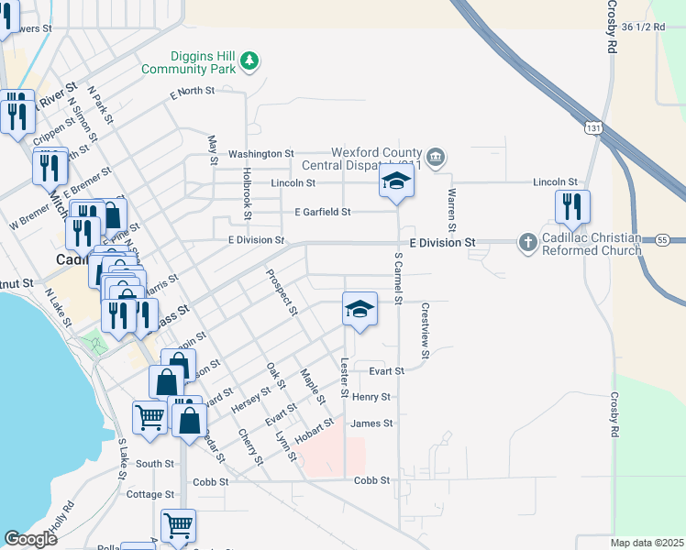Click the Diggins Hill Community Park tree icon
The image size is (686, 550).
249,61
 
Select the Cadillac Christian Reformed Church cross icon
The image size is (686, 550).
527,242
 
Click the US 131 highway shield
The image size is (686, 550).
597,130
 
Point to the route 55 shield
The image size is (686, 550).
660,239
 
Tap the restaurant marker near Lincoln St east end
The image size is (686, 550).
572,208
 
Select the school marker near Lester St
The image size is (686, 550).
360,308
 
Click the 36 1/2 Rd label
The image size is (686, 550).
641,27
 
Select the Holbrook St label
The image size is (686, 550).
247,192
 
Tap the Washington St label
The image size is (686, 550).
260,154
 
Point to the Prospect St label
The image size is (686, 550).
282,291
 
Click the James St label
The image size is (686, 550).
371,423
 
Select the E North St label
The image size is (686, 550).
192,91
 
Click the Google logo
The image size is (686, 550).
31,539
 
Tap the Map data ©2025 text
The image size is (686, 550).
647,543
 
